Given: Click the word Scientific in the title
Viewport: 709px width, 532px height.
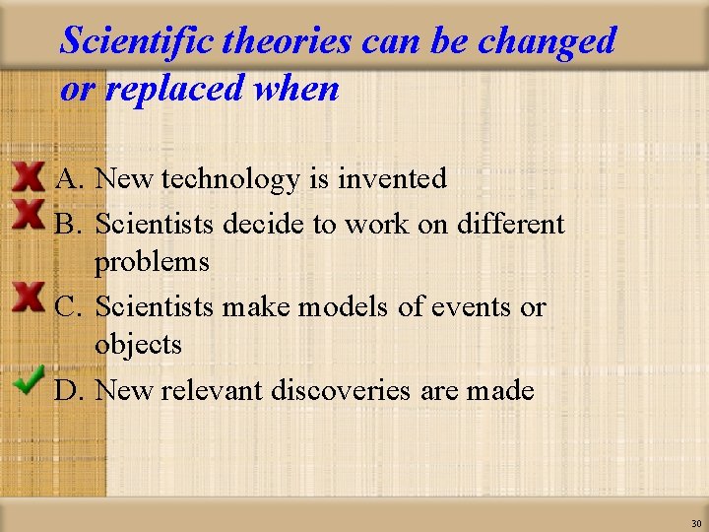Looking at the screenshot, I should (x=137, y=41).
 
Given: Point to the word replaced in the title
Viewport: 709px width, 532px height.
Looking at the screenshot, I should (x=174, y=89).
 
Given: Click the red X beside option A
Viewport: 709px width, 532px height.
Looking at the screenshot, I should (x=29, y=177).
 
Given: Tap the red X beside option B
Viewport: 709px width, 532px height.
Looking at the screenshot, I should (x=29, y=214).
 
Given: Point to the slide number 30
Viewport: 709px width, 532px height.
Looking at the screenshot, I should (x=696, y=523).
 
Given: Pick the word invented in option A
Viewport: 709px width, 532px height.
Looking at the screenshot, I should (x=392, y=179).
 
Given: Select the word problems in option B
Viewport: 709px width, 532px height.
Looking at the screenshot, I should (x=152, y=262).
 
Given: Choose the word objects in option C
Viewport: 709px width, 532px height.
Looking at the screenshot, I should (x=138, y=345).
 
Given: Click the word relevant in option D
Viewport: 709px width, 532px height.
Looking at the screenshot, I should (x=211, y=390).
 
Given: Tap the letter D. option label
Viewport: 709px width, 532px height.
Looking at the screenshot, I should (x=70, y=390).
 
